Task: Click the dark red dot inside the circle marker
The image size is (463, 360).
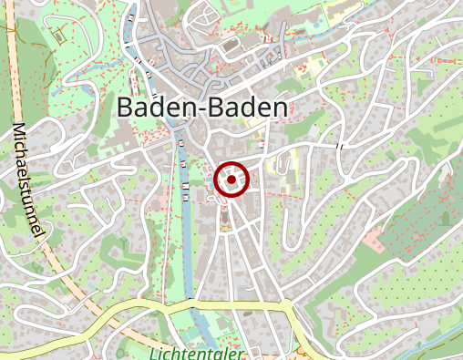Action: (x=232, y=180)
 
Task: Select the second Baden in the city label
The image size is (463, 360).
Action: (x=245, y=108)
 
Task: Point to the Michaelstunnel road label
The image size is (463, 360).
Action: (x=29, y=182)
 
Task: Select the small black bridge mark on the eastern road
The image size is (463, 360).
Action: (x=339, y=146)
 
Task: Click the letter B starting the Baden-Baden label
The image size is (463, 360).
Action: (x=126, y=108)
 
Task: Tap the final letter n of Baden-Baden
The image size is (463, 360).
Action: (x=281, y=108)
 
